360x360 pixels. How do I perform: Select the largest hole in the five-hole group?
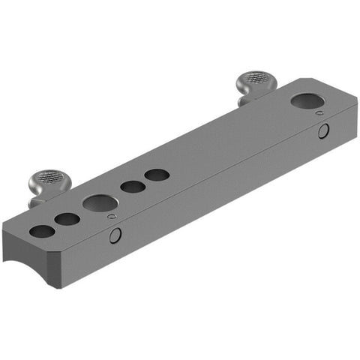pos(99,202)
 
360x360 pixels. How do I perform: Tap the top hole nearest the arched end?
pos(43,231)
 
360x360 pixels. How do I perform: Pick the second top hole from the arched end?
pos(67,220)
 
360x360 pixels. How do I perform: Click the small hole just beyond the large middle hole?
pos(133,187)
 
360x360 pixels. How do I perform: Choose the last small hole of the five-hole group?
pos(157,175)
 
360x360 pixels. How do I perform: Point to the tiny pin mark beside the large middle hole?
pos(112,217)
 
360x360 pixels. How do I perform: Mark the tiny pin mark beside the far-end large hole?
pos(320,113)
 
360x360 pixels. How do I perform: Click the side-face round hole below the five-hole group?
pos(115,235)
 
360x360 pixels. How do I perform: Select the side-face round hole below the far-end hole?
pos(323,131)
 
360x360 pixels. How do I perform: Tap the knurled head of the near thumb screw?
pos(44,180)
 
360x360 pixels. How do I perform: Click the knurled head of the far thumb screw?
pos(256,78)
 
